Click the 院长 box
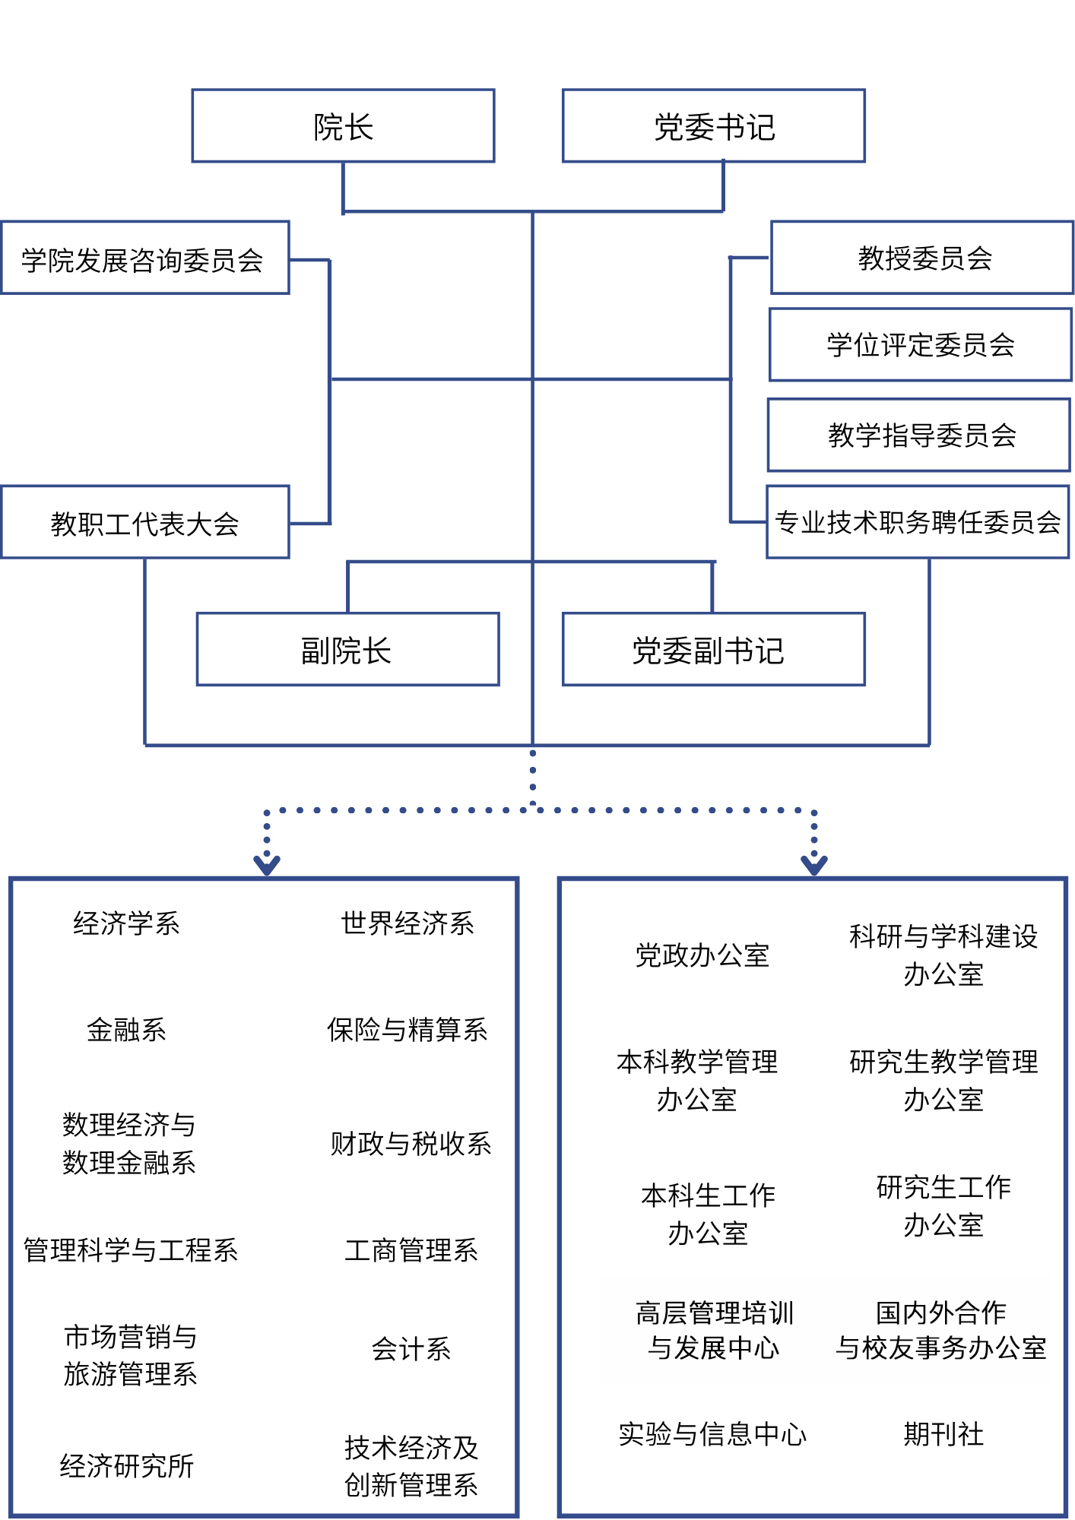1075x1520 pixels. (343, 126)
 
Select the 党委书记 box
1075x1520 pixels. (713, 126)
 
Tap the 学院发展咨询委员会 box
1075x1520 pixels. (144, 258)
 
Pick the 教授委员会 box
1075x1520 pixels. (921, 258)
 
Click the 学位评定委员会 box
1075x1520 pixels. (920, 345)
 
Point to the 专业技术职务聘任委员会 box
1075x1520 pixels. (918, 522)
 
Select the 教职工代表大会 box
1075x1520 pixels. (144, 523)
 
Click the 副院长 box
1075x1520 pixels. (347, 650)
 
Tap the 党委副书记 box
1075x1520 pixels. (713, 650)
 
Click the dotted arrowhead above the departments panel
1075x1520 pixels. (267, 865)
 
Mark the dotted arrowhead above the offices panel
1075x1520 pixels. (814, 865)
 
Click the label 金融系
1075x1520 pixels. (126, 1030)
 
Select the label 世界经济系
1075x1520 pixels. (407, 923)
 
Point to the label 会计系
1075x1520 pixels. (411, 1349)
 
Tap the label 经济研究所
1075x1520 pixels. (127, 1466)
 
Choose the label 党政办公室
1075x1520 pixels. (702, 955)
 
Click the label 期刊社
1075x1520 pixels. (943, 1434)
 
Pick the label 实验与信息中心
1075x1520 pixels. (712, 1434)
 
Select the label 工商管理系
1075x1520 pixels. (411, 1250)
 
